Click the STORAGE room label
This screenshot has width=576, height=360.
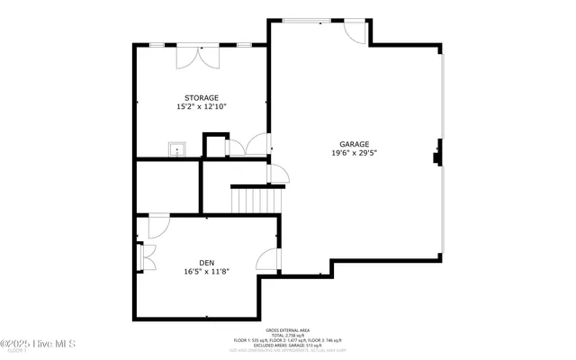[x=202, y=97]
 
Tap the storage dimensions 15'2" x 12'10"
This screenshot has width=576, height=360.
[x=202, y=107]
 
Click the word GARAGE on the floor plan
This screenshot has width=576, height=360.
[x=354, y=144]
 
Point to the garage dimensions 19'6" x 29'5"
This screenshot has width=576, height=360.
[x=354, y=154]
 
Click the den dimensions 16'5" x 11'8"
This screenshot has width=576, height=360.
[x=207, y=271]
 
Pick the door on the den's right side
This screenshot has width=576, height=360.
[x=267, y=259]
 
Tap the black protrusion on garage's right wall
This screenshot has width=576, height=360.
[x=437, y=154]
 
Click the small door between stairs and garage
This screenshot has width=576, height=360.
[x=277, y=175]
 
